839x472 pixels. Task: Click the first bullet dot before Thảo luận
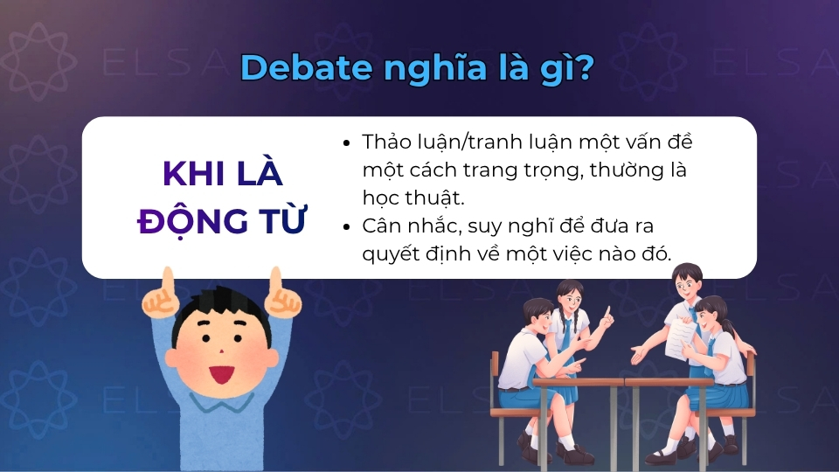point(348,142)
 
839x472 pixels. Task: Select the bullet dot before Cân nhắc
point(348,226)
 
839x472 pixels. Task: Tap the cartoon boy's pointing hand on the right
point(280,295)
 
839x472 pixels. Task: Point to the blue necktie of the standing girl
point(567,332)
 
